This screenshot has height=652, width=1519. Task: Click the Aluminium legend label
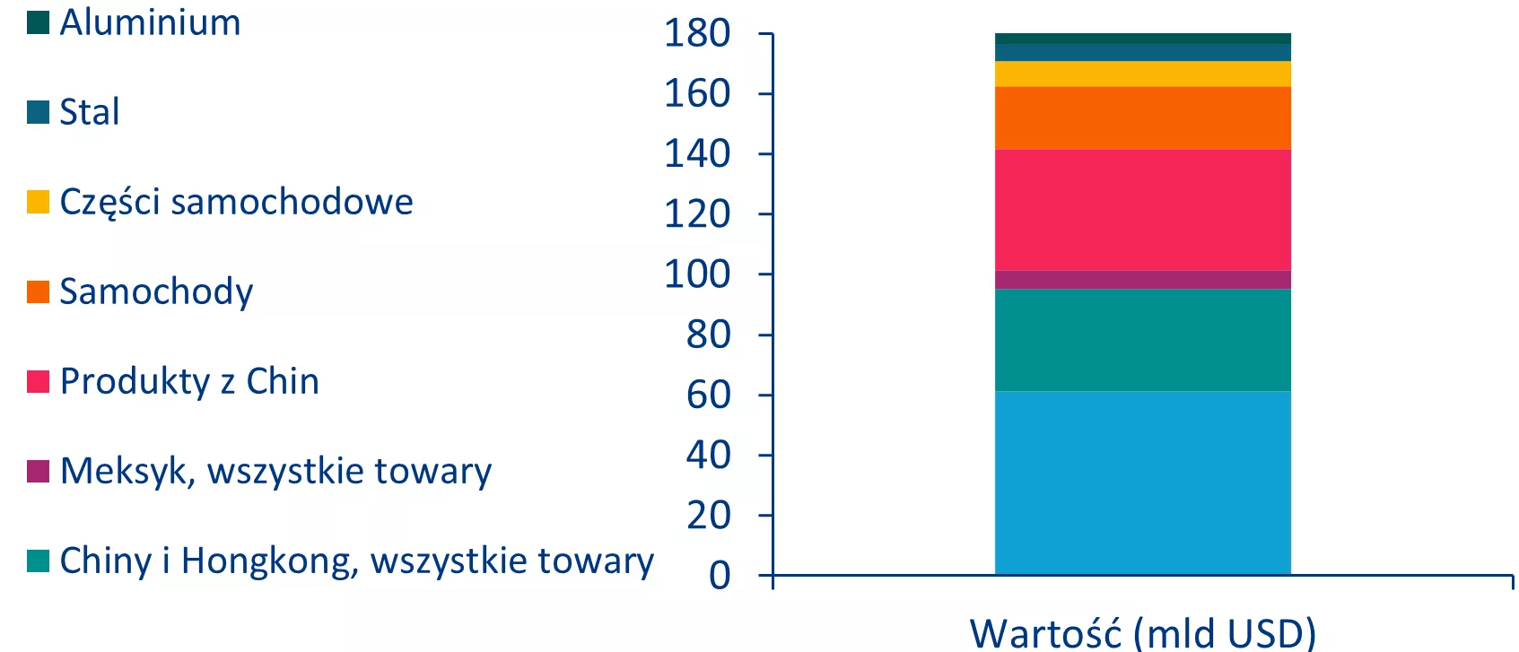click(x=150, y=22)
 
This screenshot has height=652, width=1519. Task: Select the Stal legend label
click(x=90, y=112)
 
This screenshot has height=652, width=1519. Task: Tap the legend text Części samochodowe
click(x=236, y=202)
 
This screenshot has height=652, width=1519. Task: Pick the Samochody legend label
click(x=156, y=291)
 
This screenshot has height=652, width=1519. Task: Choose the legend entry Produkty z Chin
click(x=189, y=381)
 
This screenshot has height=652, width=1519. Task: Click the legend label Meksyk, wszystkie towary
click(x=275, y=471)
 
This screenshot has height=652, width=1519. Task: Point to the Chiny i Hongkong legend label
click(x=356, y=561)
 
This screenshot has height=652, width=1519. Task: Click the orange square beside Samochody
click(x=38, y=291)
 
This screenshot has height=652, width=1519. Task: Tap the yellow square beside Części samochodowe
click(x=38, y=202)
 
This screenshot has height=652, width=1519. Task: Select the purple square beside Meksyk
click(x=38, y=471)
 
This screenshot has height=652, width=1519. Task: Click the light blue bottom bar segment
click(x=1142, y=482)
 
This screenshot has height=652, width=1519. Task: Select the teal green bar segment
click(x=1142, y=340)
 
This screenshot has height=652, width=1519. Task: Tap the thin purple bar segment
click(x=1142, y=280)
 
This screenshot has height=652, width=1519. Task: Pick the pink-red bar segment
click(x=1142, y=210)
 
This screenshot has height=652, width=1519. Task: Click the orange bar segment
click(x=1142, y=117)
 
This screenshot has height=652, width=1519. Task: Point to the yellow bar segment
click(x=1142, y=74)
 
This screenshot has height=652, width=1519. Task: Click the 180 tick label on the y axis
click(x=697, y=34)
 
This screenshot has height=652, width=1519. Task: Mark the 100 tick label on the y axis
click(x=697, y=274)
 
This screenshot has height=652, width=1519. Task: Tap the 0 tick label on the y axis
click(x=720, y=576)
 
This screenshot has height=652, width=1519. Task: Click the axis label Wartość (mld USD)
click(x=1142, y=633)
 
